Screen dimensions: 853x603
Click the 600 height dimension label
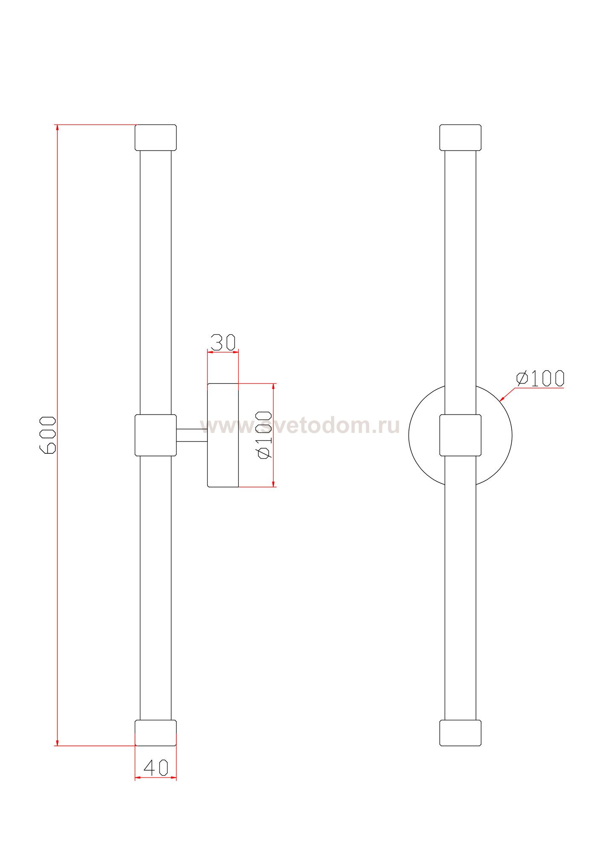coord(47,435)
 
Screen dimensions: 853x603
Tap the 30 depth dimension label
coord(223,342)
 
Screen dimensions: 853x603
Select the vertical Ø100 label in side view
coord(265,435)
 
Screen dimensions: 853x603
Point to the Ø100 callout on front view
coord(540,378)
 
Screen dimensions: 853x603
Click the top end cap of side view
coord(156,137)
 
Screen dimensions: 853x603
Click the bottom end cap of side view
coord(156,733)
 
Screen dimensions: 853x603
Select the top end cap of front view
coord(460,137)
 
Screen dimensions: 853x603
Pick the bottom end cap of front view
coord(460,733)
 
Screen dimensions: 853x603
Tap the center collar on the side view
coord(156,435)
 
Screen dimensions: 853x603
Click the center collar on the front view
coord(460,435)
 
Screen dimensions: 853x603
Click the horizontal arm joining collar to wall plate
coord(192,435)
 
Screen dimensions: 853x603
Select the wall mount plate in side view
coord(223,435)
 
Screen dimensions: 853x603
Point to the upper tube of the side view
coord(156,281)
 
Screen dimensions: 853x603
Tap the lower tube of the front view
coord(460,589)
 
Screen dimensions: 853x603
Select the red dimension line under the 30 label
coord(223,352)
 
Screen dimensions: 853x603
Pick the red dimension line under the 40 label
coord(156,778)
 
